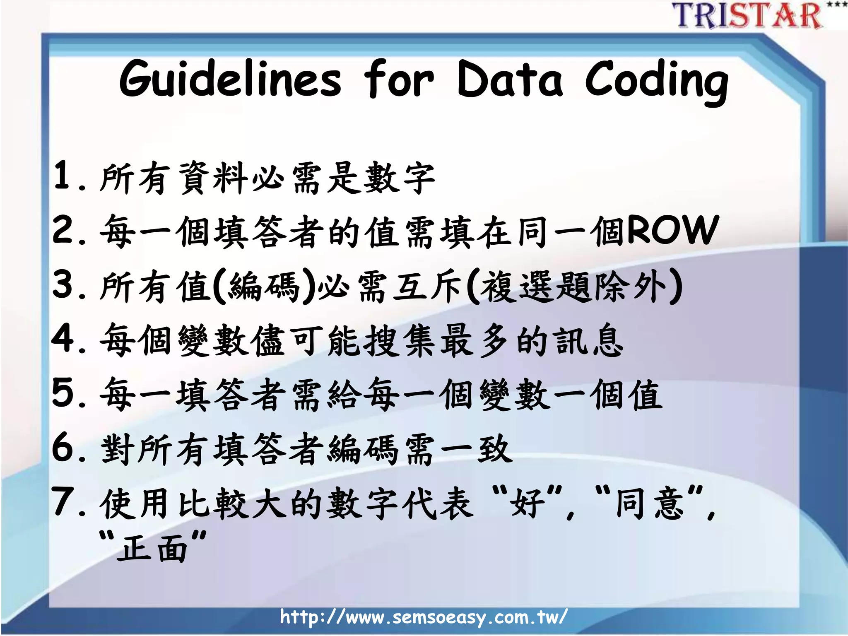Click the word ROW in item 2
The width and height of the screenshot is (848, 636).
pos(672,230)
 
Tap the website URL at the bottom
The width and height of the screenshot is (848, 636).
pos(423,617)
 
